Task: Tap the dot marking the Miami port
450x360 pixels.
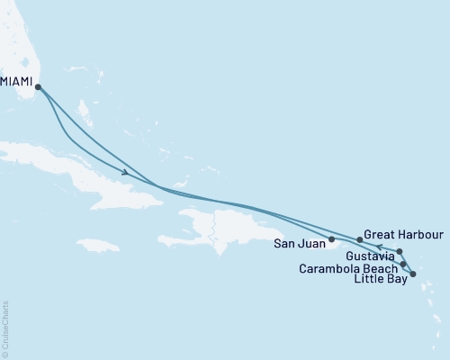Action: pyautogui.click(x=38, y=86)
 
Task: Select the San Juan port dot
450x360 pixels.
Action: pyautogui.click(x=332, y=239)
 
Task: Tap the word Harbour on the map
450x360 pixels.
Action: pyautogui.click(x=415, y=231)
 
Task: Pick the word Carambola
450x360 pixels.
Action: pyautogui.click(x=329, y=267)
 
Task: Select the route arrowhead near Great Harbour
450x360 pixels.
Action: pyautogui.click(x=380, y=246)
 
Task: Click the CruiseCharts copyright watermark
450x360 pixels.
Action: pyautogui.click(x=6, y=329)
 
